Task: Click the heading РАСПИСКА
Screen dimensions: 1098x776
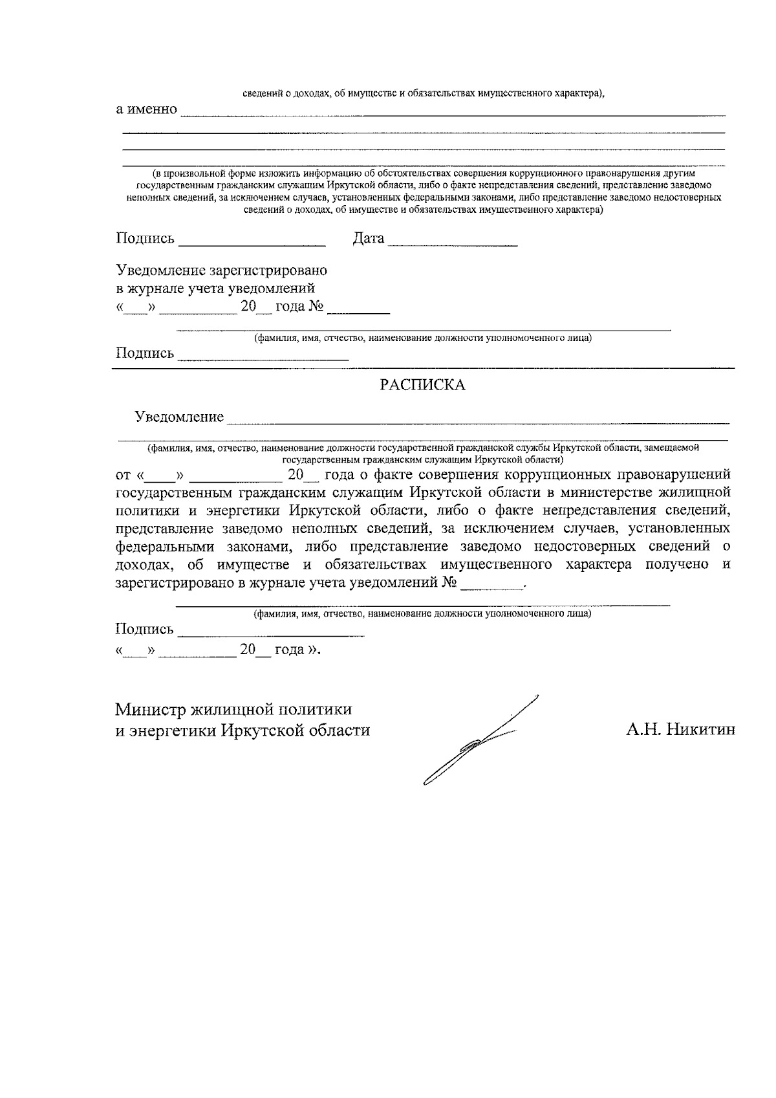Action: tap(422, 385)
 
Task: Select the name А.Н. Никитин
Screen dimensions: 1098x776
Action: tap(680, 730)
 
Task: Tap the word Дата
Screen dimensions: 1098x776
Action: tap(368, 239)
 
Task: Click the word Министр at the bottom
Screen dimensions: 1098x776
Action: tap(151, 709)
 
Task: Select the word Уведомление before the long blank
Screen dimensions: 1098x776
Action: tap(179, 417)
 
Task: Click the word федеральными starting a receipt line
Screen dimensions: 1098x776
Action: tap(165, 546)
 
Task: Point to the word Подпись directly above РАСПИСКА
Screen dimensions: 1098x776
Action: tap(145, 353)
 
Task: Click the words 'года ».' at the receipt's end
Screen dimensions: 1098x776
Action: tap(297, 649)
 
